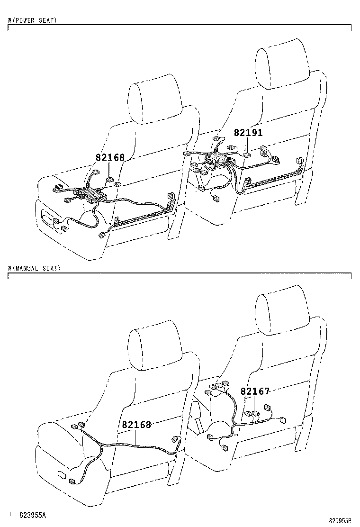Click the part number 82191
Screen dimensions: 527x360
click(248, 133)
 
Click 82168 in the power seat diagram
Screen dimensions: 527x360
click(110, 157)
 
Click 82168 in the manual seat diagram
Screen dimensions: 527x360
click(136, 425)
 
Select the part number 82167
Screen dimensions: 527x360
click(255, 391)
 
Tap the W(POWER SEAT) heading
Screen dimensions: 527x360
click(33, 21)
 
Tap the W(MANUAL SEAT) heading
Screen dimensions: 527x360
click(35, 268)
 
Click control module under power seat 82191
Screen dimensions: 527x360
click(219, 160)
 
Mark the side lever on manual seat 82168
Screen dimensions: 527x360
click(62, 474)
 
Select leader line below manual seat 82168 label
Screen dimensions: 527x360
click(136, 437)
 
